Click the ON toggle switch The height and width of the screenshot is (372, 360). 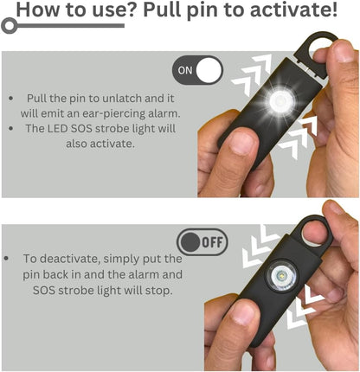197,71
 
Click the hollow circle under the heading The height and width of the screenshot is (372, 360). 10,27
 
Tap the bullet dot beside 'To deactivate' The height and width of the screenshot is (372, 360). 10,260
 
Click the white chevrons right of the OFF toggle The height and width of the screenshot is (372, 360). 257,247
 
